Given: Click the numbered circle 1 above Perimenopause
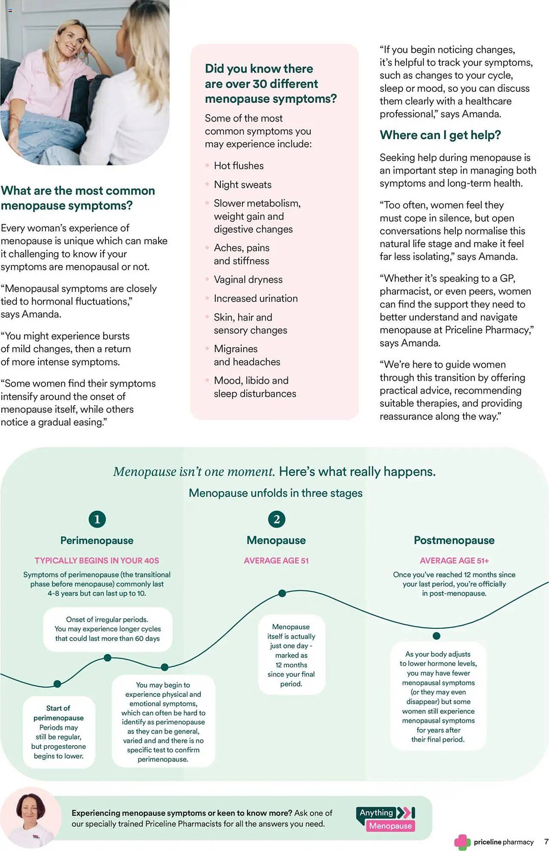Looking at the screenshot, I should pos(97,519).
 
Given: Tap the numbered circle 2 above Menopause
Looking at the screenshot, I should pos(276,519).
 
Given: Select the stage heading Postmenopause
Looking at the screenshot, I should pos(454,540).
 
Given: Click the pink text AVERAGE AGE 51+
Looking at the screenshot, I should pos(454,561).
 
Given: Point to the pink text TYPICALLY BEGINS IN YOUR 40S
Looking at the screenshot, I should pos(97,561).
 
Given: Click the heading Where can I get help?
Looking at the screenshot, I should pos(440,135).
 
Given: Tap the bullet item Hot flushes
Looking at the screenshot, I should pos(239,166).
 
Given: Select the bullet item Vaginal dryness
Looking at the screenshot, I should pos(248,280).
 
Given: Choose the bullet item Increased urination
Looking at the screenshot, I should pos(256,299).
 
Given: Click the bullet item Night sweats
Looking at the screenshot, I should pos(242,185).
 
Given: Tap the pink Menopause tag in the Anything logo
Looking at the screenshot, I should pos(390,826).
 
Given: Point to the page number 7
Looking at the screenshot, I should pos(546,842).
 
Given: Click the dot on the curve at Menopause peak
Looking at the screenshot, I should pos(282,593).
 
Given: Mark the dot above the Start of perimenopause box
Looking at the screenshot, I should pos(57,684).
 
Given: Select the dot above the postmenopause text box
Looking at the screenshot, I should pos(436,636).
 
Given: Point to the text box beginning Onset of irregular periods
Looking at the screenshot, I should pos(108,629).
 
